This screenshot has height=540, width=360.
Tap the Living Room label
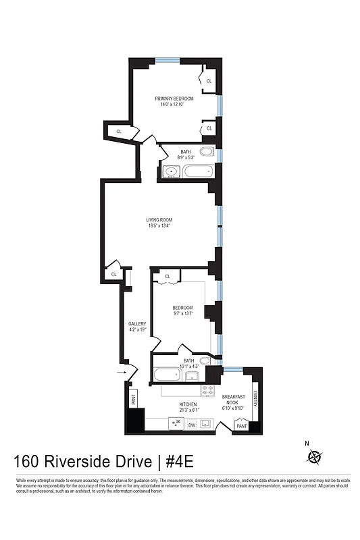160,220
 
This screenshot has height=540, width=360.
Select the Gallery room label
137,324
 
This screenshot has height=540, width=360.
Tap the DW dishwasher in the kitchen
191,425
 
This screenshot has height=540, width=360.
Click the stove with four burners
207,391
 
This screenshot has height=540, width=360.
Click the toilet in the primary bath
207,152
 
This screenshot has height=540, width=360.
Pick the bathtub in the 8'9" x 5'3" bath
197,173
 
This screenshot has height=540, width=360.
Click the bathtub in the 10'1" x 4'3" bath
167,375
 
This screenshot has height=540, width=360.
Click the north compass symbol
314,457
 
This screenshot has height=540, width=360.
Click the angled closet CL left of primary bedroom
119,131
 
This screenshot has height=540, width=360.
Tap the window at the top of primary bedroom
168,61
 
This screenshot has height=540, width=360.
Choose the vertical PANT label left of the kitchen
133,400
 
